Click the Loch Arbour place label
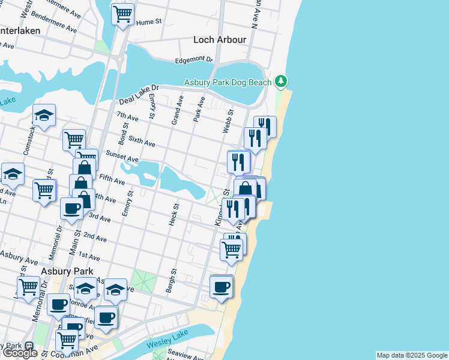[x=220, y=40]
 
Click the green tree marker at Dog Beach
[x=281, y=81]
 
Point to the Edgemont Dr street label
[x=194, y=60]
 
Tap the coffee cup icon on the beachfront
[x=221, y=286]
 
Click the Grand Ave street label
[x=176, y=112]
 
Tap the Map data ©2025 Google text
[x=412, y=355]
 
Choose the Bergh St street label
[x=171, y=281]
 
